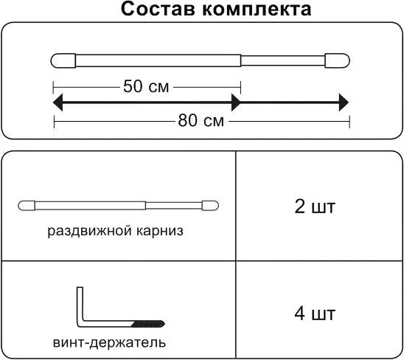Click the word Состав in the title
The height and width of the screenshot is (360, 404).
pos(159,10)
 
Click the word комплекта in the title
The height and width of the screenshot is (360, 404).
pos(257,10)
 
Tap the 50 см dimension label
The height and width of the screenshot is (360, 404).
pos(146,86)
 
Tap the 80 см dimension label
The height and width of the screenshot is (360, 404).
pos(201,121)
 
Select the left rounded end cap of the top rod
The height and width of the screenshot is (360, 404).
pos(63,60)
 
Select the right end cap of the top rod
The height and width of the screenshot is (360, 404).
pos(337,60)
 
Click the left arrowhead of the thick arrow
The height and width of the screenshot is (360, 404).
pos(58,103)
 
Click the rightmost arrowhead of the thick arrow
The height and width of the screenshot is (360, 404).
pos(344,103)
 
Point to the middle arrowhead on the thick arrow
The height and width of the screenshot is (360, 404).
pos(236,103)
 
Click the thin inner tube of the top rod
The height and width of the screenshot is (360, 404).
pos(283,60)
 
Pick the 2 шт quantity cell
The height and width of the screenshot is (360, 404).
pos(315,207)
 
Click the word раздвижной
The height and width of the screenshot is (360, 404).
pos(90,231)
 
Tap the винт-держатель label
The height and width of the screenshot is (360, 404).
pos(109,343)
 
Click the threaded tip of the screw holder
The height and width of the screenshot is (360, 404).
pos(148,324)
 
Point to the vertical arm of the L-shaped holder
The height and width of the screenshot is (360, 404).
pos(80,305)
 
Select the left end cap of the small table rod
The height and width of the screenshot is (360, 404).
pos(27,206)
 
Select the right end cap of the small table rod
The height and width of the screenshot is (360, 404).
pos(210,206)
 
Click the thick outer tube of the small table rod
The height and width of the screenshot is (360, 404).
pos(90,206)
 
